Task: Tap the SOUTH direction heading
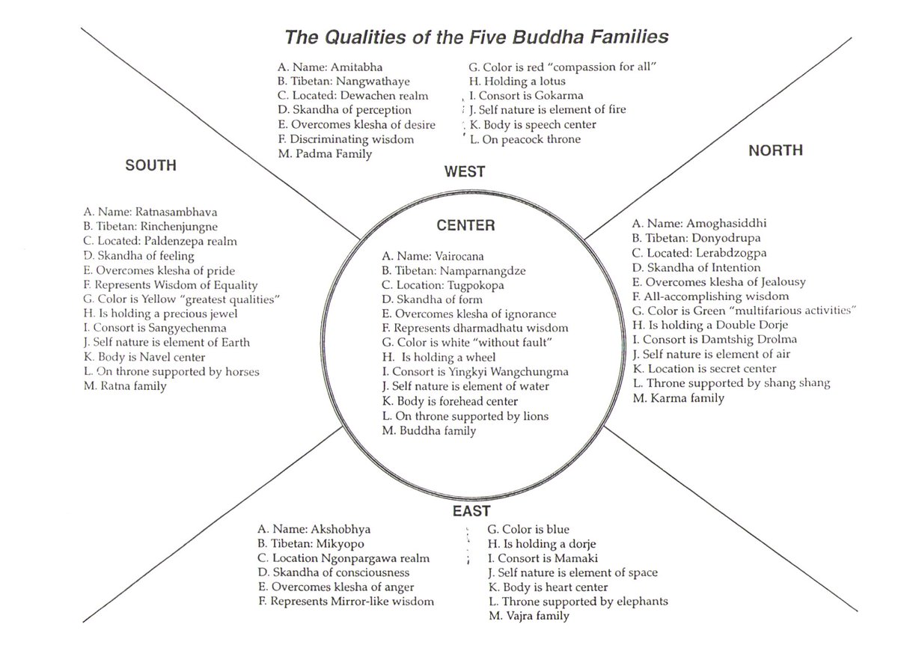tap(150, 165)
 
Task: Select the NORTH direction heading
tap(775, 150)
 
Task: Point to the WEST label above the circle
tap(465, 172)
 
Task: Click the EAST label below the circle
tap(471, 512)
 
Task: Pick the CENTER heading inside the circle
tap(465, 225)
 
